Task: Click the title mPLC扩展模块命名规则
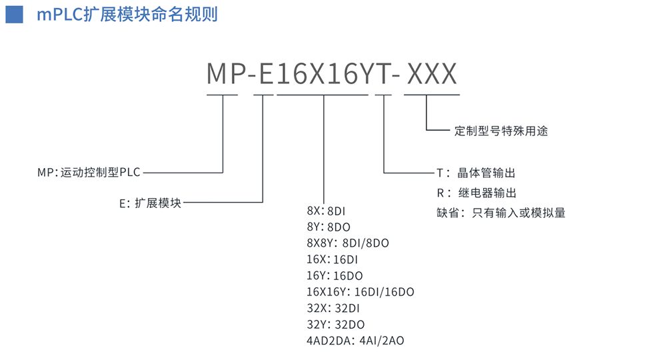(127, 14)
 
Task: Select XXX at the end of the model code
(432, 74)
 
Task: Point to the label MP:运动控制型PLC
(89, 173)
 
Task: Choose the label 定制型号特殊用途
(500, 131)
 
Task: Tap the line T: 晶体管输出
(476, 173)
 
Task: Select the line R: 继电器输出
(476, 193)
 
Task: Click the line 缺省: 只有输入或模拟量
(500, 213)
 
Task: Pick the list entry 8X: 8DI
(326, 211)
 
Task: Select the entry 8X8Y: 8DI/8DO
(348, 243)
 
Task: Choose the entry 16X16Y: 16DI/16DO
(360, 291)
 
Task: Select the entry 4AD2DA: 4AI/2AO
(355, 341)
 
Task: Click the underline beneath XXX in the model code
(432, 95)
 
